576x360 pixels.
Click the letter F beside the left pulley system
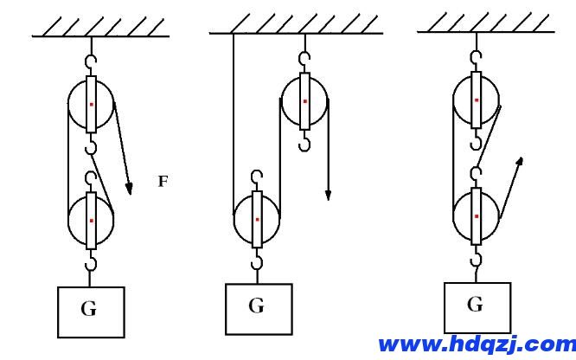[x=163, y=181]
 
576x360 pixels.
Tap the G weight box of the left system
[x=91, y=312]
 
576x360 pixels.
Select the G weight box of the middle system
[x=259, y=309]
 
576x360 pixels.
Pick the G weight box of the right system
[x=477, y=308]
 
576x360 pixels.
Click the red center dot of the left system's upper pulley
[x=92, y=105]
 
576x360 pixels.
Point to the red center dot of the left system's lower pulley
[x=92, y=221]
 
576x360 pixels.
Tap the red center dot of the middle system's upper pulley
[x=305, y=101]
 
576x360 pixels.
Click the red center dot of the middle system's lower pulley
[x=257, y=220]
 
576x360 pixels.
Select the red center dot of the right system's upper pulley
[x=477, y=100]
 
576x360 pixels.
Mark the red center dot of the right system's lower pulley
[x=477, y=216]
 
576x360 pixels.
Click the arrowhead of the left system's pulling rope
[x=129, y=189]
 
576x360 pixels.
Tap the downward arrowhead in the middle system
[x=328, y=196]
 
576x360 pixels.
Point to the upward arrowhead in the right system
[x=519, y=162]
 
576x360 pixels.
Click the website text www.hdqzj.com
[x=477, y=344]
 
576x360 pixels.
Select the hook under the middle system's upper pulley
[x=304, y=141]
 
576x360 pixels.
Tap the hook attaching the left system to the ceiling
[x=91, y=61]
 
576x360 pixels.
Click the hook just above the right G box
[x=476, y=256]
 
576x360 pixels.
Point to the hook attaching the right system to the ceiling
[x=476, y=58]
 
